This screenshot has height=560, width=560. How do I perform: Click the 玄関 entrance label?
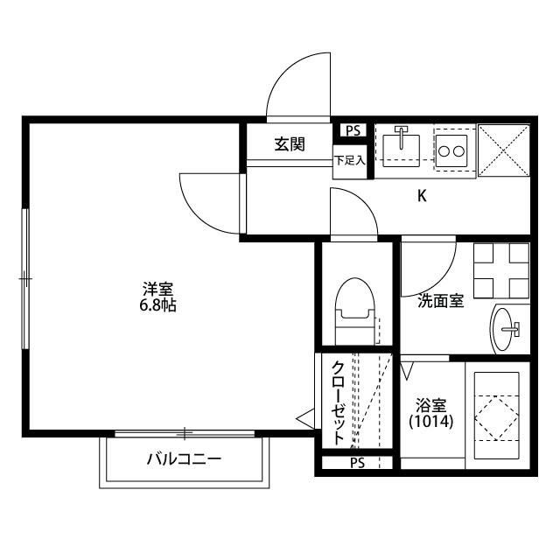pos(290,143)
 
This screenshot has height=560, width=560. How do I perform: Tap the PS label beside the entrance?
pos(353,130)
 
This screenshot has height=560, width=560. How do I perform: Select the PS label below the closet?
pos(357,462)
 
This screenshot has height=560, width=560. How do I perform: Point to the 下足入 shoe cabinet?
pos(349,161)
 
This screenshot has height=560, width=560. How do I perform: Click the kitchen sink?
pos(402,144)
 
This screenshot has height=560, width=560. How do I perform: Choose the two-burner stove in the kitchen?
pos(452,150)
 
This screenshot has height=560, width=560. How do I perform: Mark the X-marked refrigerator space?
pos(506,150)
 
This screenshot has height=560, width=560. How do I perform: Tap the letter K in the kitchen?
pos(421,196)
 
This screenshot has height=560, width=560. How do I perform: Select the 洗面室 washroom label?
pos(439,301)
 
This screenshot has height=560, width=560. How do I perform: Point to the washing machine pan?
pos(501,270)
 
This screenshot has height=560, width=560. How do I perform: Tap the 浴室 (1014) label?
pos(431,413)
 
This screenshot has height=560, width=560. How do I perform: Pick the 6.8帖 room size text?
pos(158,307)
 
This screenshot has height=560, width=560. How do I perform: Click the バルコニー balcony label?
pos(184,458)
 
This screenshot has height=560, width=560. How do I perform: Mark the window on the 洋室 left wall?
pos(26,278)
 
